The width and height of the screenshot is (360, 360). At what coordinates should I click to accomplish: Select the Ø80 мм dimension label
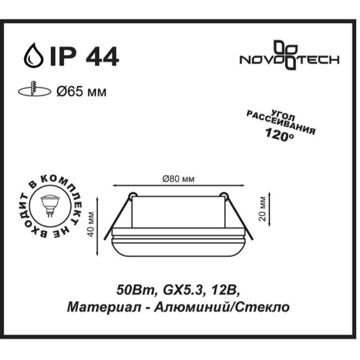[x=178, y=179]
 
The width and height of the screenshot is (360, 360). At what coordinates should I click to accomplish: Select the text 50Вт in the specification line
[x=132, y=290]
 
